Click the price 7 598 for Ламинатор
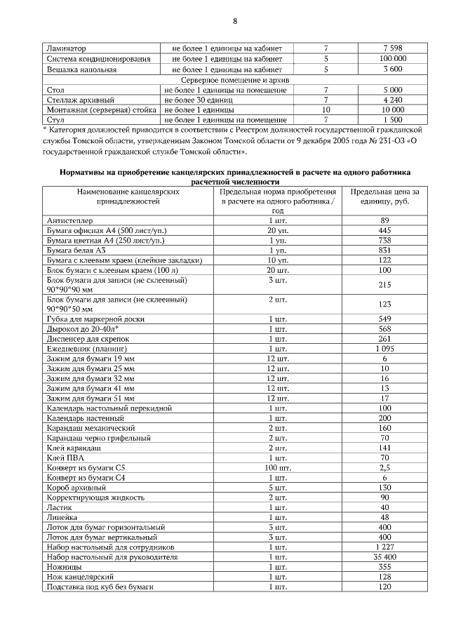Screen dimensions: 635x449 [392, 48]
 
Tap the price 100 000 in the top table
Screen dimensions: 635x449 [392, 59]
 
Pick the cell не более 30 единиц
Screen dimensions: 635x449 [198, 100]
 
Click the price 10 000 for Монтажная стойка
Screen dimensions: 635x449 [392, 110]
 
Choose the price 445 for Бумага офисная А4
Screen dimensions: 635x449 [385, 230]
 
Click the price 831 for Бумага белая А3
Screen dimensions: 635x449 [385, 250]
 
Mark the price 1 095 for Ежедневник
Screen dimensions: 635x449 [385, 348]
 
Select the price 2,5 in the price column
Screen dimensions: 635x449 [385, 467]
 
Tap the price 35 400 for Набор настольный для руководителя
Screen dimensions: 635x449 [385, 556]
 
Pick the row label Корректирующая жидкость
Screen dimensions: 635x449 [95, 497]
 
